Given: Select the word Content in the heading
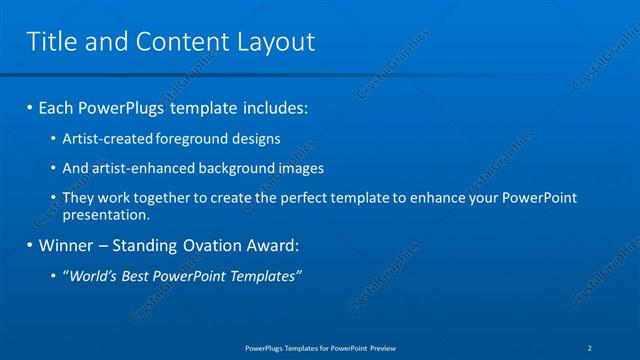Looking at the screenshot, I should click(176, 41).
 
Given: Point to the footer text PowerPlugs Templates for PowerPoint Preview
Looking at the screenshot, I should click(320, 348).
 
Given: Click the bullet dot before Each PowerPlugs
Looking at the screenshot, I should click(30, 107).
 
